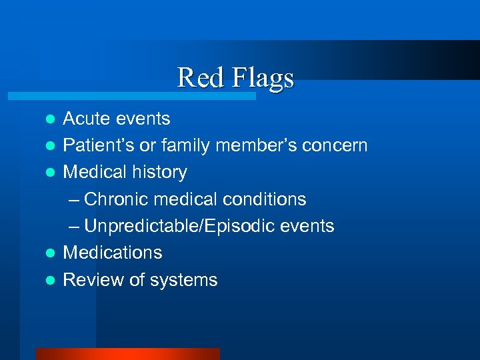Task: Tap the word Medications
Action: (112, 253)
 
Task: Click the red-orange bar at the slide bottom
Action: (127, 354)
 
